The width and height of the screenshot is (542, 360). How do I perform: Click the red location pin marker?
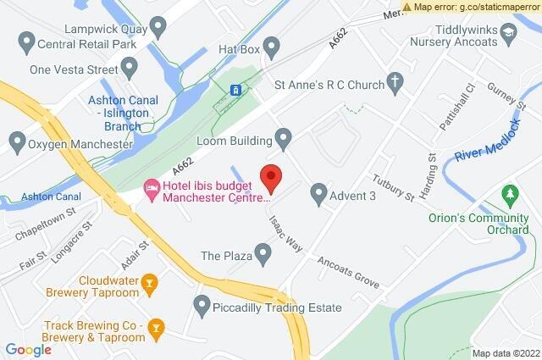pyautogui.click(x=271, y=178)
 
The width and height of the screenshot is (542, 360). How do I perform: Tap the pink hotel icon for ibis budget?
pyautogui.click(x=152, y=186)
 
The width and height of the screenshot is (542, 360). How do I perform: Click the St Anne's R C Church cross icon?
pyautogui.click(x=394, y=82)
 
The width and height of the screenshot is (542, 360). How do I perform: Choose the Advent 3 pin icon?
pyautogui.click(x=318, y=196)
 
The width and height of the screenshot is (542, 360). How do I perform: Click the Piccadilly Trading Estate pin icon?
pyautogui.click(x=202, y=304)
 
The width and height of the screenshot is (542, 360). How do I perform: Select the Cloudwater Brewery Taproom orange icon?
pyautogui.click(x=150, y=283)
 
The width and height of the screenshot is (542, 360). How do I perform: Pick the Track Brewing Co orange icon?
pyautogui.click(x=156, y=327)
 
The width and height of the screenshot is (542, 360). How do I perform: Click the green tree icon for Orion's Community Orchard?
pyautogui.click(x=510, y=196)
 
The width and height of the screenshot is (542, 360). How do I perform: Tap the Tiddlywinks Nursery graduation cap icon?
pyautogui.click(x=508, y=33)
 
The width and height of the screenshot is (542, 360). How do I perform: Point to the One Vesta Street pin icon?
pyautogui.click(x=130, y=66)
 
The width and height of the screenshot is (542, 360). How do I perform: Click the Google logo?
pyautogui.click(x=29, y=349)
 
